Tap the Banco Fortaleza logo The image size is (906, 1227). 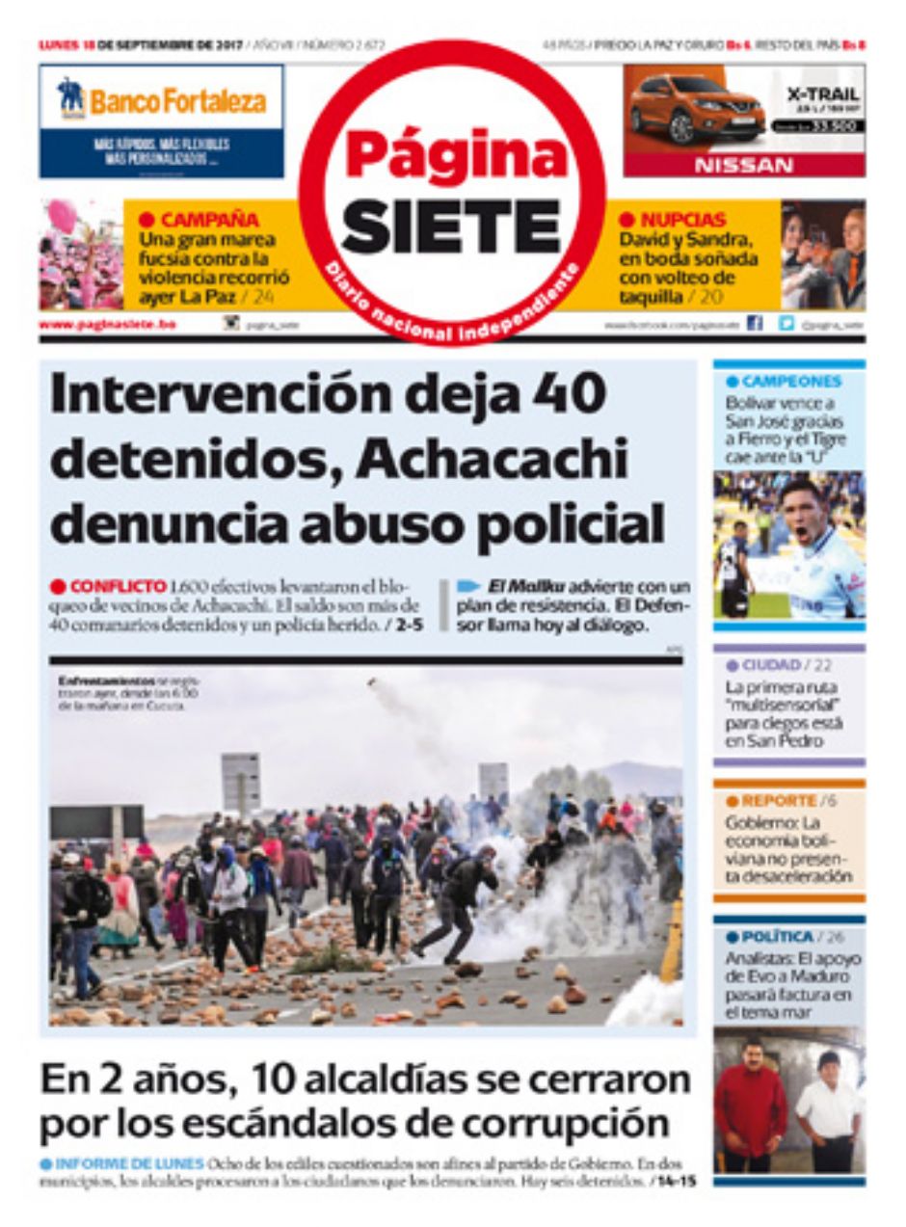point(162,100)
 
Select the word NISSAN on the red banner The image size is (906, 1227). point(743,166)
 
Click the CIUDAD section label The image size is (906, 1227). point(771,665)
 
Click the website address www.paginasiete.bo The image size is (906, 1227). point(107,325)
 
